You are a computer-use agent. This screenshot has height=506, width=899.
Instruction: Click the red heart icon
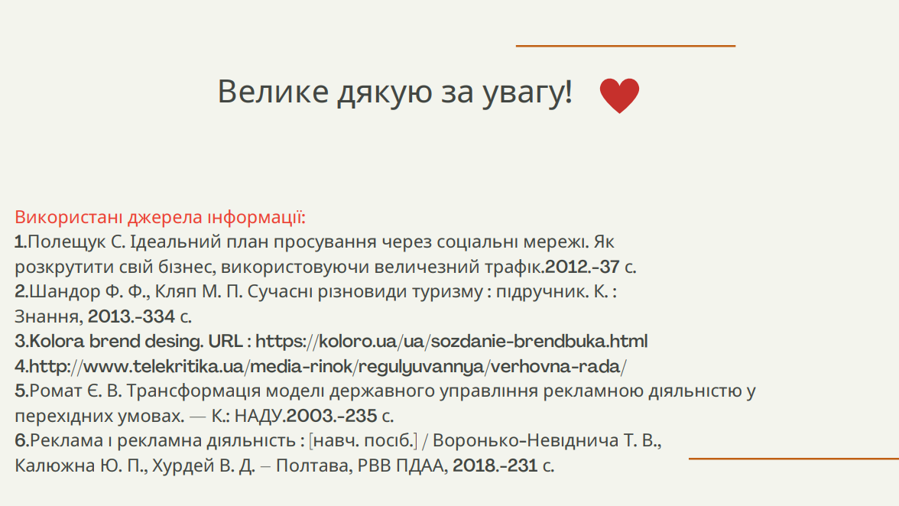(619, 95)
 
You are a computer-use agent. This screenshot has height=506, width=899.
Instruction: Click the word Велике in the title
(273, 91)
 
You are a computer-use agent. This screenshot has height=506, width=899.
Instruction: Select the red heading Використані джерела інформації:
(160, 217)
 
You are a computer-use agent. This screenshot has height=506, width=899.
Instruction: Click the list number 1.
(21, 242)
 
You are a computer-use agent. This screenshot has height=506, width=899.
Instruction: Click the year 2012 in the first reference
(566, 267)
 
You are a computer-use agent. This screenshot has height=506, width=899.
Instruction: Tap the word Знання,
(49, 316)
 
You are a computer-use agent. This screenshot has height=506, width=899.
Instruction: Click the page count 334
(157, 316)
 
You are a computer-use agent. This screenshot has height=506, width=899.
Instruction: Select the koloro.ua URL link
(451, 341)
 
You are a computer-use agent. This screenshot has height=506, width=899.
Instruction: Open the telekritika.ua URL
(328, 366)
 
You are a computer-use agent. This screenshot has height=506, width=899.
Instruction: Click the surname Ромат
(57, 391)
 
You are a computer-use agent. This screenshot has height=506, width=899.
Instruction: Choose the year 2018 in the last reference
(475, 465)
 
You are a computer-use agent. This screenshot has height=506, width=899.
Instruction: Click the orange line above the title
(625, 46)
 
